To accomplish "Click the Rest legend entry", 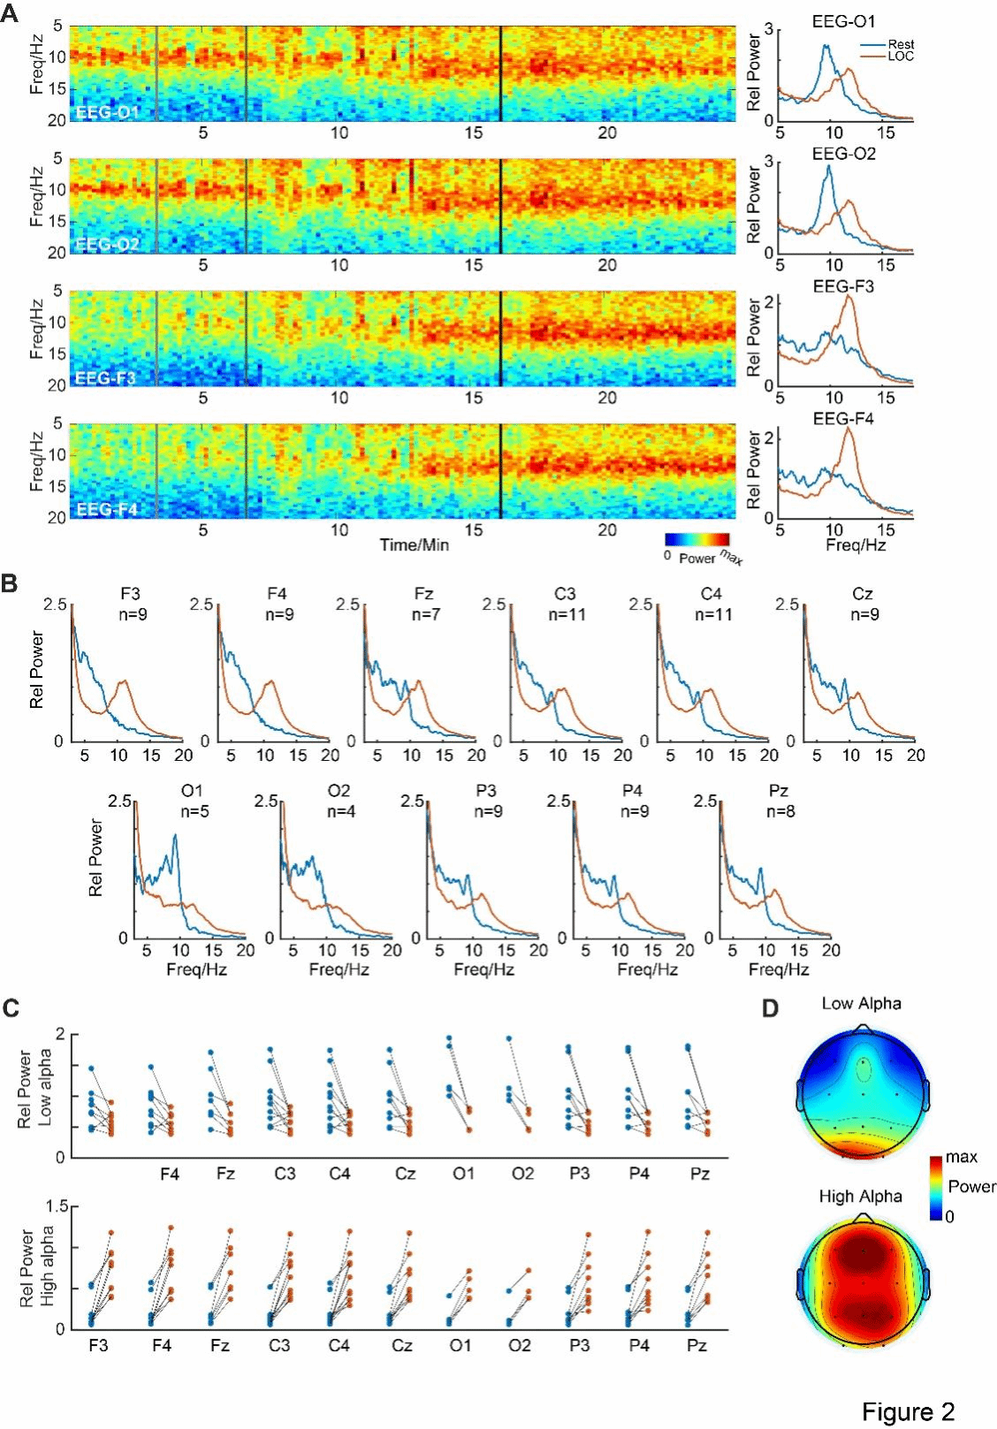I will [x=901, y=44].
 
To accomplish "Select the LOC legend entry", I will [x=901, y=56].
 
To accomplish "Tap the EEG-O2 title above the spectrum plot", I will [x=844, y=154].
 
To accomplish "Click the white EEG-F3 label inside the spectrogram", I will [x=104, y=378].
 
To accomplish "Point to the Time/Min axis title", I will [x=414, y=545].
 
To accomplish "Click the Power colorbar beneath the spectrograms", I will [x=697, y=539].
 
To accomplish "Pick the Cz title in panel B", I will [x=863, y=594].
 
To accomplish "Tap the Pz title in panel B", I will [x=778, y=790].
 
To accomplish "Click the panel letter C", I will [x=11, y=1007].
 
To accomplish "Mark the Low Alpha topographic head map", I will [x=862, y=1092].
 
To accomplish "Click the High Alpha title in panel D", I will [x=860, y=1197].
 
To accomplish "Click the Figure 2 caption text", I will [x=908, y=1412].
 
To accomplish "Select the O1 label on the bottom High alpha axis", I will [x=460, y=1346].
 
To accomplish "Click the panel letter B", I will [x=10, y=584].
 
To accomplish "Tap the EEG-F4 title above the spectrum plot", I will [x=843, y=419].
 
